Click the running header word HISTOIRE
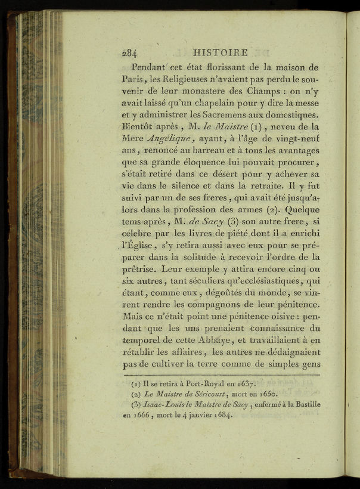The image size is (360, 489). (221, 52)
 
